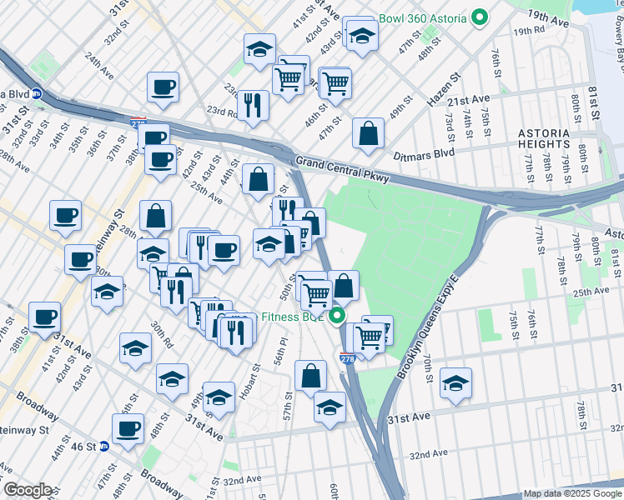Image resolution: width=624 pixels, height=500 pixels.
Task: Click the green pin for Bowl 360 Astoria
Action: pyautogui.click(x=480, y=17)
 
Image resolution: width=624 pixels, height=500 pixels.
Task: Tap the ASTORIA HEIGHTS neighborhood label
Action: pyautogui.click(x=544, y=139)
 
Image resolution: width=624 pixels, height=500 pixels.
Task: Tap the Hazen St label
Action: pyautogui.click(x=444, y=87)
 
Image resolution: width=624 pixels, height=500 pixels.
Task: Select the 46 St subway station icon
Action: pyautogui.click(x=104, y=447)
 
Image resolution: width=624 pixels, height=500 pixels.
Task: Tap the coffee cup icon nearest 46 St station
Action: pyautogui.click(x=128, y=429)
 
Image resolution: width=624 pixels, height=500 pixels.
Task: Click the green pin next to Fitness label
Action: pyautogui.click(x=338, y=317)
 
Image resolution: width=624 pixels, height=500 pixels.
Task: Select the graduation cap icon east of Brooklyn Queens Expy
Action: pyautogui.click(x=455, y=383)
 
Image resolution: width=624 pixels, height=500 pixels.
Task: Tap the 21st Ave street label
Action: pyautogui.click(x=468, y=99)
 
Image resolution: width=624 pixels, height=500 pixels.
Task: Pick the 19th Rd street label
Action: pyautogui.click(x=528, y=31)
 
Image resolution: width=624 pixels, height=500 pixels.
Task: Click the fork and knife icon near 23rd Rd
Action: pyautogui.click(x=253, y=105)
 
